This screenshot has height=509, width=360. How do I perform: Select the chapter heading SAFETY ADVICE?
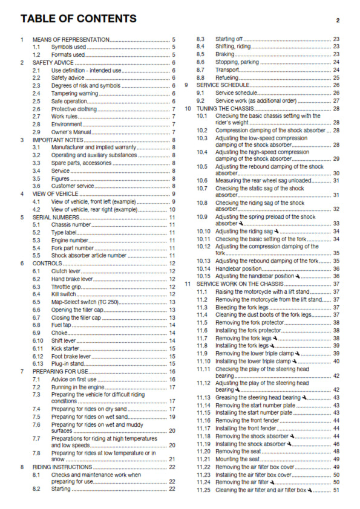(54, 62)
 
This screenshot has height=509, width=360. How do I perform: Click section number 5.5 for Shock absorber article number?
(37, 255)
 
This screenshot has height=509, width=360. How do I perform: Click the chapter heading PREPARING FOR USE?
(61, 371)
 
